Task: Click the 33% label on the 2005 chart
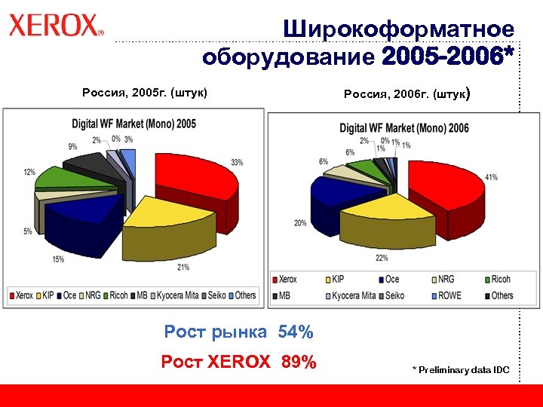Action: click(x=236, y=162)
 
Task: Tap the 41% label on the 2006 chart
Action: click(x=491, y=177)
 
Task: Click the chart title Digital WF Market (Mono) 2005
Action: click(x=133, y=123)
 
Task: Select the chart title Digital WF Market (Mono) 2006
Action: click(x=403, y=128)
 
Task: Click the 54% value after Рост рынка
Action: click(x=296, y=332)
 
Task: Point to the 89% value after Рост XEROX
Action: click(x=299, y=363)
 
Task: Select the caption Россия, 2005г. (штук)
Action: click(x=144, y=93)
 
